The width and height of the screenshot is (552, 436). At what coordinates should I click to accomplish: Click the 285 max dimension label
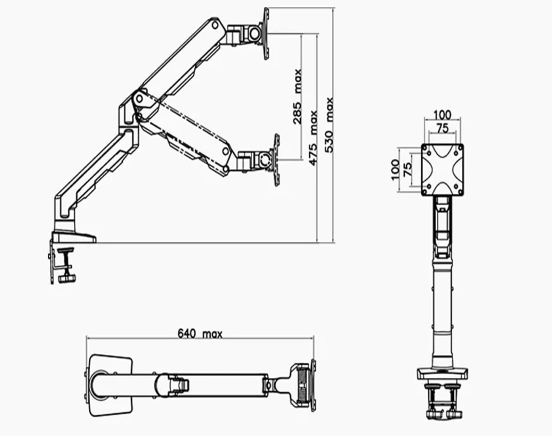coord(297,97)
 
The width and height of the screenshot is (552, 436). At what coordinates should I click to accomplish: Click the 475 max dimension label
coord(313,138)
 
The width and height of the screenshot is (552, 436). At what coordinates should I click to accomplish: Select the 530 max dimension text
coord(329,125)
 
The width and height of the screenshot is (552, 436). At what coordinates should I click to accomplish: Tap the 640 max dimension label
coord(200,334)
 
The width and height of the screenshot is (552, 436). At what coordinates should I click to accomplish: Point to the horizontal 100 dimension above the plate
coord(442,115)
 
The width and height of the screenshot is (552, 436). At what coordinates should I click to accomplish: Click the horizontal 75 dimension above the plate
coord(443,128)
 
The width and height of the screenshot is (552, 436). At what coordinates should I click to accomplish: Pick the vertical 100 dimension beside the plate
coord(395,170)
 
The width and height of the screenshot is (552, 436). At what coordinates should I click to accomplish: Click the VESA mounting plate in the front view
coord(442,170)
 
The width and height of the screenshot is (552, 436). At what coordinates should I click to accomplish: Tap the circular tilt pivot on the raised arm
coord(255,34)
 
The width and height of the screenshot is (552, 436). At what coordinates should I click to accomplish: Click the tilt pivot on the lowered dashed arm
coord(264,160)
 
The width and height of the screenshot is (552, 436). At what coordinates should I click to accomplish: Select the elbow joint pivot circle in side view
coord(140,99)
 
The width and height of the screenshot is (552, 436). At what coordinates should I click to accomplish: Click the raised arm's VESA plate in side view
coord(266,34)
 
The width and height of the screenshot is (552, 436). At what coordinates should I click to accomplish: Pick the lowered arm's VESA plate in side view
coord(276,160)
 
